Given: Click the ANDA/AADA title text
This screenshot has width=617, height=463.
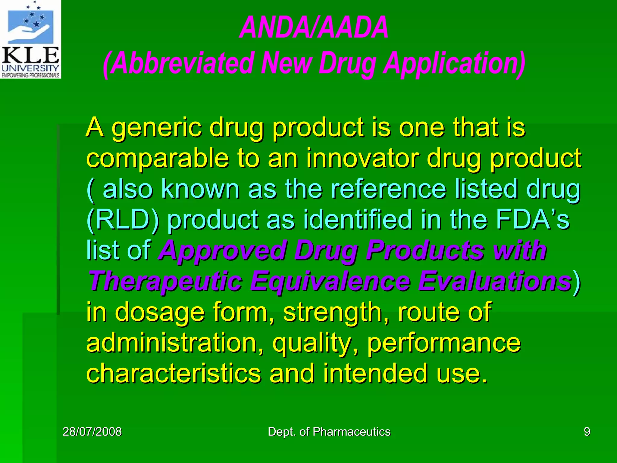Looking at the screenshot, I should (314, 28).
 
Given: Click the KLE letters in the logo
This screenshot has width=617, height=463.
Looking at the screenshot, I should (30, 56).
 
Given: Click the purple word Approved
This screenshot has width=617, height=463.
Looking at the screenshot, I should (223, 251).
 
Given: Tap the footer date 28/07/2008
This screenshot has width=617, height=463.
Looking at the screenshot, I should (92, 432).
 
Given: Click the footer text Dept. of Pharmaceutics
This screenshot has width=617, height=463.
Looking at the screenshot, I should (329, 432).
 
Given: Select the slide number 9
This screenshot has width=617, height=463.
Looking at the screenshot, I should (587, 432).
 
